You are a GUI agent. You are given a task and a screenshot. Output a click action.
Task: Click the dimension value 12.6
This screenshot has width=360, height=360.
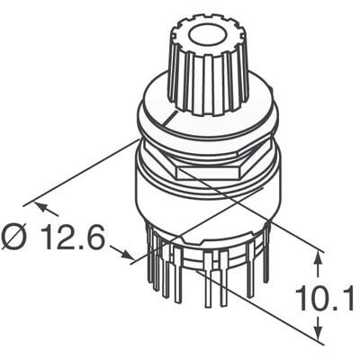(x=73, y=238)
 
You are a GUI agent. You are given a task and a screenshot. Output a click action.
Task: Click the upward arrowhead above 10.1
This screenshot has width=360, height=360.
(x=319, y=259)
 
